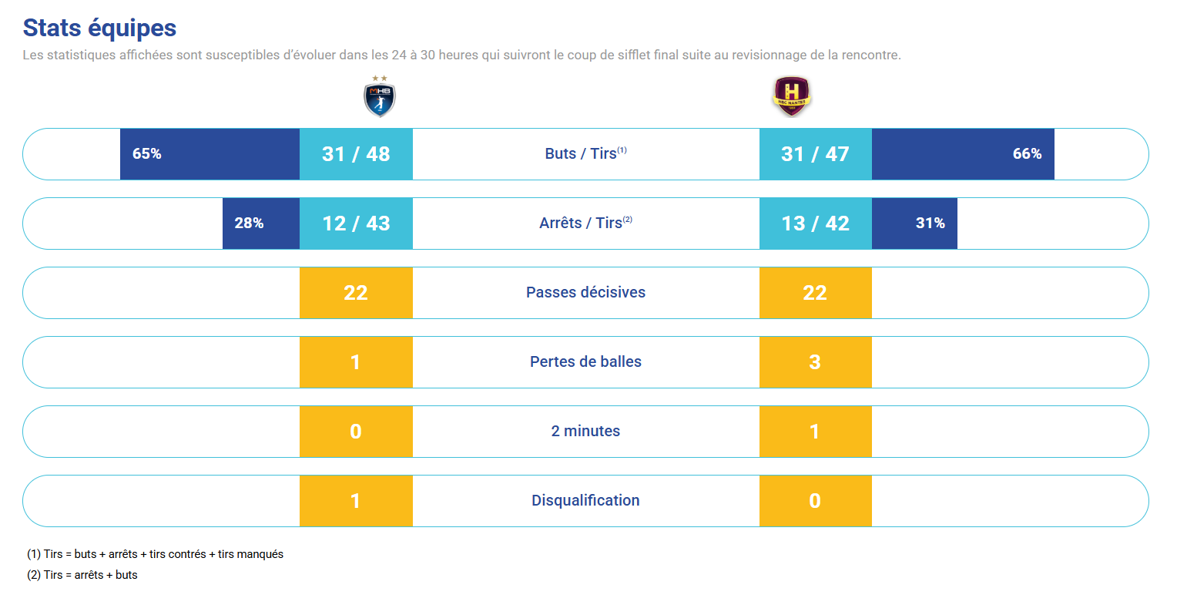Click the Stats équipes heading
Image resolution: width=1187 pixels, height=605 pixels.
point(99,28)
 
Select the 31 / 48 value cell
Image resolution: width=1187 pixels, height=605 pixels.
point(356,154)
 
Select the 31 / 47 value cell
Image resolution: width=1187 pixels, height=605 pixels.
point(815,154)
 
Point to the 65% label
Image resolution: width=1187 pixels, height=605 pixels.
point(146,154)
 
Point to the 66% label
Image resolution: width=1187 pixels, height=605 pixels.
point(1027,154)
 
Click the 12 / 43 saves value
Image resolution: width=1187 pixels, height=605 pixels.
point(356,224)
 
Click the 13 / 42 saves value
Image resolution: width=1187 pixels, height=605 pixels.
point(815,224)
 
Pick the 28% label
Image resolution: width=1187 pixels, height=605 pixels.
point(249,224)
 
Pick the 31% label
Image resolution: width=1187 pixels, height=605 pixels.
point(930,224)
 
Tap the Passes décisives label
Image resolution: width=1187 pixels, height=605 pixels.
point(585,292)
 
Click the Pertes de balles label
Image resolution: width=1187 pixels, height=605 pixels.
point(585,361)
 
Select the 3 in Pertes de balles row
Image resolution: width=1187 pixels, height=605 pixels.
point(815,362)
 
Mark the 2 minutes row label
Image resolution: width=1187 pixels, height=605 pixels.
point(585,431)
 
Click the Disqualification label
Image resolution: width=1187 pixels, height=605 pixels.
point(585,500)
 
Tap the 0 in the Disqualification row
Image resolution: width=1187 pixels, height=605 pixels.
point(815,501)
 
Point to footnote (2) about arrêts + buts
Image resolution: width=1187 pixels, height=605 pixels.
point(82,575)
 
